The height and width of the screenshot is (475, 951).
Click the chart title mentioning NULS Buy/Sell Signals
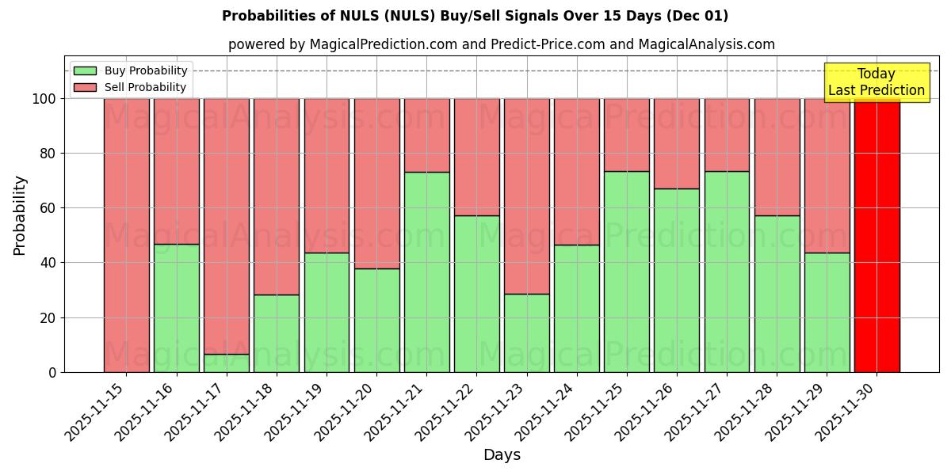tap(475, 16)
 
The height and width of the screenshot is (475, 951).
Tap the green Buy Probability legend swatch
tap(85, 70)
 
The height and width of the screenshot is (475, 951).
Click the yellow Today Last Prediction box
tap(876, 82)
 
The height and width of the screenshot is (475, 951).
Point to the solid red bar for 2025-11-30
tap(877, 235)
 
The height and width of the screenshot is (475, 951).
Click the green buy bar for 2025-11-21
tap(426, 272)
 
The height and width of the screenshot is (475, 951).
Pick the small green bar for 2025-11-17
tap(227, 363)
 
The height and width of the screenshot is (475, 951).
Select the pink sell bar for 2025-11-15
tap(127, 235)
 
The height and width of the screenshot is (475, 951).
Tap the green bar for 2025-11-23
tap(527, 332)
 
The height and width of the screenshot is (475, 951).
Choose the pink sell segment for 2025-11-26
tap(677, 143)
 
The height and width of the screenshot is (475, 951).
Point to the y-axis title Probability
tap(20, 215)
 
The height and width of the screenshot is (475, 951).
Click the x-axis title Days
tap(502, 455)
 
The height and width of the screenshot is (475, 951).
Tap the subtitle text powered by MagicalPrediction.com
tap(501, 44)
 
